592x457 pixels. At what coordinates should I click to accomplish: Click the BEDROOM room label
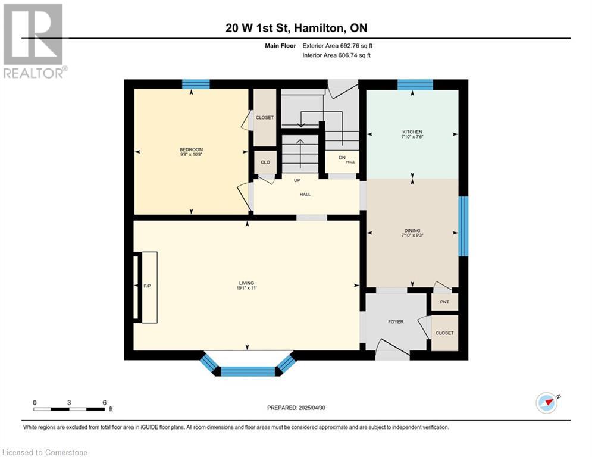coord(191,149)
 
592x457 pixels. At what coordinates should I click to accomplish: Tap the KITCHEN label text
coord(412,132)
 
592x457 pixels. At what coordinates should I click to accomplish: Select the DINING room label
coord(412,230)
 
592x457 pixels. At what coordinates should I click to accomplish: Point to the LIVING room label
coord(246,283)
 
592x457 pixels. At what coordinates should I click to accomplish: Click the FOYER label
coord(396,322)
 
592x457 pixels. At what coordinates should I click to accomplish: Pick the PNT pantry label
coord(444,302)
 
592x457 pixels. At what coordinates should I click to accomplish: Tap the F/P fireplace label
coord(147,286)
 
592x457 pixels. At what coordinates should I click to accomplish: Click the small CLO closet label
coord(265,162)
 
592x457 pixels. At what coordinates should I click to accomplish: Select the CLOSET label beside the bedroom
coord(265,117)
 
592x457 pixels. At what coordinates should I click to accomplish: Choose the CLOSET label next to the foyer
coord(444,333)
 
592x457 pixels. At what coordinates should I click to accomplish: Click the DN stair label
coord(342,158)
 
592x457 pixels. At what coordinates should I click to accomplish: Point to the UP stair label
coord(297,180)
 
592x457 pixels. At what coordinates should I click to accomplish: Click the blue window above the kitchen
coord(415,84)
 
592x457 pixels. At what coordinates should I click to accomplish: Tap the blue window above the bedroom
coord(196,84)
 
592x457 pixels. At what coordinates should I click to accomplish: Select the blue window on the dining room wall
coord(463,226)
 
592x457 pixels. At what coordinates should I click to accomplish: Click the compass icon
coord(547,403)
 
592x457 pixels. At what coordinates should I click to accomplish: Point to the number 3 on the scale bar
coord(69,403)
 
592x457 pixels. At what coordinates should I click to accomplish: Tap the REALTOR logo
coord(34,41)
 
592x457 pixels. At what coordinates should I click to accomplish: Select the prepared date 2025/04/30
coord(312,408)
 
